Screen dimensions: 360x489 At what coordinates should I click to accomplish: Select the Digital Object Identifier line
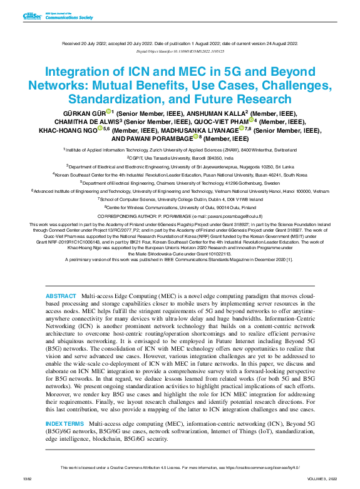coord(180,51)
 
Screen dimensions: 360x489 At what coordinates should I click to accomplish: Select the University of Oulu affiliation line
coord(180,206)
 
